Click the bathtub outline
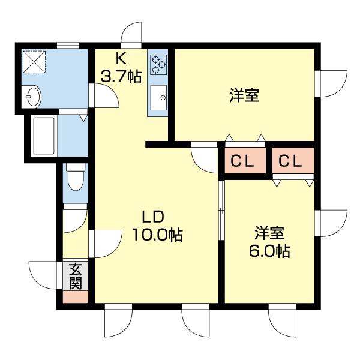click(x=44, y=136)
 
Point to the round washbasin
click(x=32, y=96)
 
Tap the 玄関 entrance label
click(x=74, y=276)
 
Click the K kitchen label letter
click(x=121, y=58)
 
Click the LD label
click(x=153, y=217)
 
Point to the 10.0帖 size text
click(x=157, y=235)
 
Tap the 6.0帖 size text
click(x=269, y=251)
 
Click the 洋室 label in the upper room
click(x=244, y=95)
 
